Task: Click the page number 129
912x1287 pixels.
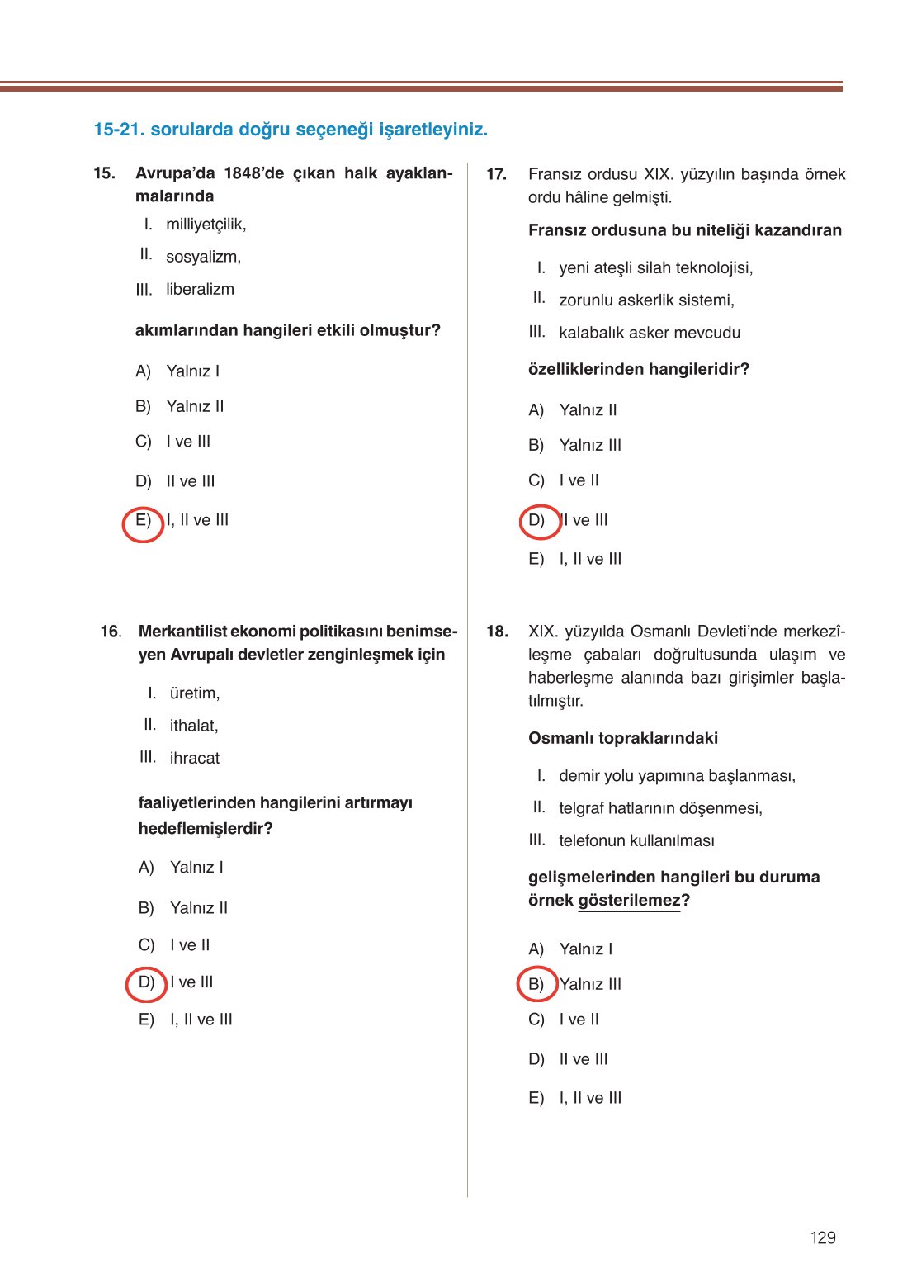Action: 823,1237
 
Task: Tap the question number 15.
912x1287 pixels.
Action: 104,173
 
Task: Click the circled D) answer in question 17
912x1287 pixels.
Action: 537,521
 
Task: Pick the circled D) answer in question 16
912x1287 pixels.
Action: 147,982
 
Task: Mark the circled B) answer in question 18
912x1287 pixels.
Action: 536,984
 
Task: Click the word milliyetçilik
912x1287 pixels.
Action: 206,225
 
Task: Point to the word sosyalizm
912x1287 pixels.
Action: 203,257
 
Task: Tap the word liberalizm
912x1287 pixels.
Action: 200,289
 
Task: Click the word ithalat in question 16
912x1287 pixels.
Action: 193,726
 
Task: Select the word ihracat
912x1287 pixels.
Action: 194,758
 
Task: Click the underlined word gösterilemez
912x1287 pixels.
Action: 629,901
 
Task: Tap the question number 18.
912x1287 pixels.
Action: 497,632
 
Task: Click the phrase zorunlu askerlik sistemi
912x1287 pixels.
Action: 646,300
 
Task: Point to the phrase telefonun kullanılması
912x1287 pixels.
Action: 636,840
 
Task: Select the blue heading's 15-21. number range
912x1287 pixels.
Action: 119,130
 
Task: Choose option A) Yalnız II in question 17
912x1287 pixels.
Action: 574,410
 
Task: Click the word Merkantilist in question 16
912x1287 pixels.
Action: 182,632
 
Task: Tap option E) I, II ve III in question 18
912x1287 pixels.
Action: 575,1098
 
